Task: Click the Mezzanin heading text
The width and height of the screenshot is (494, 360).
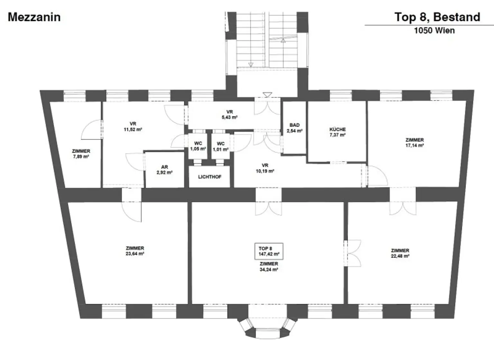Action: click(34, 17)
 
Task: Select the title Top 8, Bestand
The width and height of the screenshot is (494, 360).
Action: click(437, 17)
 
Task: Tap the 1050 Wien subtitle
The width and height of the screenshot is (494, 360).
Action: click(434, 31)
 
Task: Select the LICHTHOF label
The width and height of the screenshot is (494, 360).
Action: click(209, 177)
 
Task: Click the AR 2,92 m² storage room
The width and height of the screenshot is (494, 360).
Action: click(164, 170)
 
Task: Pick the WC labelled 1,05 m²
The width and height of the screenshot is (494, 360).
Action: click(198, 146)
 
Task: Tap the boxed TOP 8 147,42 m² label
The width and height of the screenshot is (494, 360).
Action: click(269, 251)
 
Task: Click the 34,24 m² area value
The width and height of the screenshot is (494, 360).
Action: click(269, 270)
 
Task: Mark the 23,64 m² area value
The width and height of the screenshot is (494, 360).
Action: click(135, 254)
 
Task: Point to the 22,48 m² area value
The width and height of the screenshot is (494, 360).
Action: click(400, 256)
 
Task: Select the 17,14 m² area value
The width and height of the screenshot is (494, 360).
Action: click(414, 145)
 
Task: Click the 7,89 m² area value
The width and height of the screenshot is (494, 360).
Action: click(81, 156)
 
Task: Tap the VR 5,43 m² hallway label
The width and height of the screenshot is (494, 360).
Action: click(229, 115)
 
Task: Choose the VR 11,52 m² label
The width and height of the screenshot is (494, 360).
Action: click(133, 126)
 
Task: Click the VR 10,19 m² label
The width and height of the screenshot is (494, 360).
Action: click(265, 168)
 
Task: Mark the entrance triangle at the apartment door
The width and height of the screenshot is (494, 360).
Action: click(267, 95)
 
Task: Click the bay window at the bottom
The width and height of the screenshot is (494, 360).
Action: click(267, 328)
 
